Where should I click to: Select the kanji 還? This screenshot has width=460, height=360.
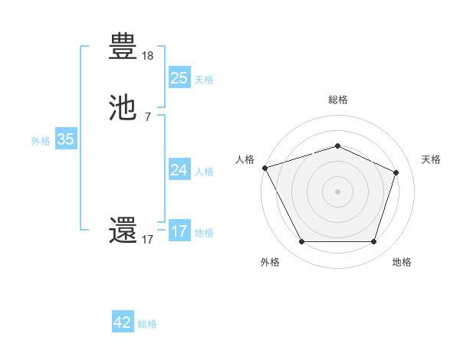123,230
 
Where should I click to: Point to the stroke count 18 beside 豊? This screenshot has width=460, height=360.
148,56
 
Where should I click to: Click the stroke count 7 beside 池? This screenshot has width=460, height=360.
148,116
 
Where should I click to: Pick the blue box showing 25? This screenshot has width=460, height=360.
179,77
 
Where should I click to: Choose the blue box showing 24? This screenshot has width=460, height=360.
179,170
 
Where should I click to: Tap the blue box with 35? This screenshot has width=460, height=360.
65,139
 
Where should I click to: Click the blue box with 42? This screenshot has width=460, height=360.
123,322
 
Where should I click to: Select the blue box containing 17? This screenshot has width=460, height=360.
179,231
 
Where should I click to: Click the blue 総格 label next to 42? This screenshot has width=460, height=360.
147,324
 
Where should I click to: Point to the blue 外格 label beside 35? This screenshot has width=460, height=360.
41,141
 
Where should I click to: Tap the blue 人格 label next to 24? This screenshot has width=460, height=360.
204,172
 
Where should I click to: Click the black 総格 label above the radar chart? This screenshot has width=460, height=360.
337,100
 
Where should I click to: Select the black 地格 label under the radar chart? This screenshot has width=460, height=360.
402,262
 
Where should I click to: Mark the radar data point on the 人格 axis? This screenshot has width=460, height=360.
264,168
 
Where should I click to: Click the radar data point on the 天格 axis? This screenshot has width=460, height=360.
396,172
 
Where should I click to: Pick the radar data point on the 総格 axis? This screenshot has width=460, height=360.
337,146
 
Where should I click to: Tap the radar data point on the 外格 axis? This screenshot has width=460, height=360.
301,242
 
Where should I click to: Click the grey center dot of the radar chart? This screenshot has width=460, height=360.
337,191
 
